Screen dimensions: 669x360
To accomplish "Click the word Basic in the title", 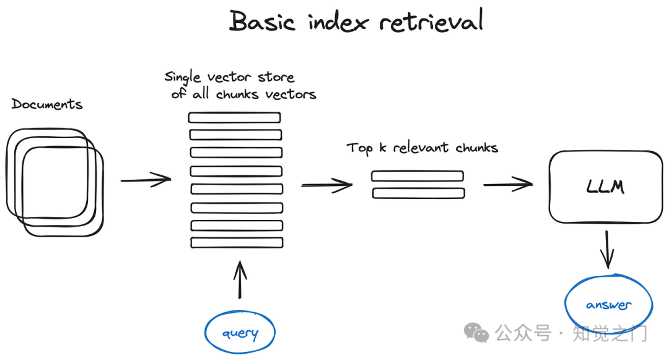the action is (262, 21).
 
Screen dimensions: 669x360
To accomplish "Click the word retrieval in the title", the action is (431, 20).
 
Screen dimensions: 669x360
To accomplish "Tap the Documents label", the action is (47, 104).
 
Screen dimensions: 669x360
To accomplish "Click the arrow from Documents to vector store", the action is (146, 180).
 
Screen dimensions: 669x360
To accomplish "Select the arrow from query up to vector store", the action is (240, 280).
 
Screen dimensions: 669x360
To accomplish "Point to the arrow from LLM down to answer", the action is (606, 250).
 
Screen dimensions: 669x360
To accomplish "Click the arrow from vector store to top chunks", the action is (327, 185).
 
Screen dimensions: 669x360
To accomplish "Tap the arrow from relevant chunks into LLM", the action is (508, 184).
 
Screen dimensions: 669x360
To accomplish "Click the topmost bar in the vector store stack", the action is (235, 117).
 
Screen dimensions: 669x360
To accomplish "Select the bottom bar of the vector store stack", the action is (237, 242).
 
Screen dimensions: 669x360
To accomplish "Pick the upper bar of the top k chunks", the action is (418, 176).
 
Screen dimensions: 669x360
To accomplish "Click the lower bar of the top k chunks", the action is (419, 193).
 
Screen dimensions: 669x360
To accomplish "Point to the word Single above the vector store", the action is (183, 77).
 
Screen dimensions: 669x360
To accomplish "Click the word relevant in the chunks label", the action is (421, 147).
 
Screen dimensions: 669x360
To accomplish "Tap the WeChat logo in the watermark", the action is (476, 332).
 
